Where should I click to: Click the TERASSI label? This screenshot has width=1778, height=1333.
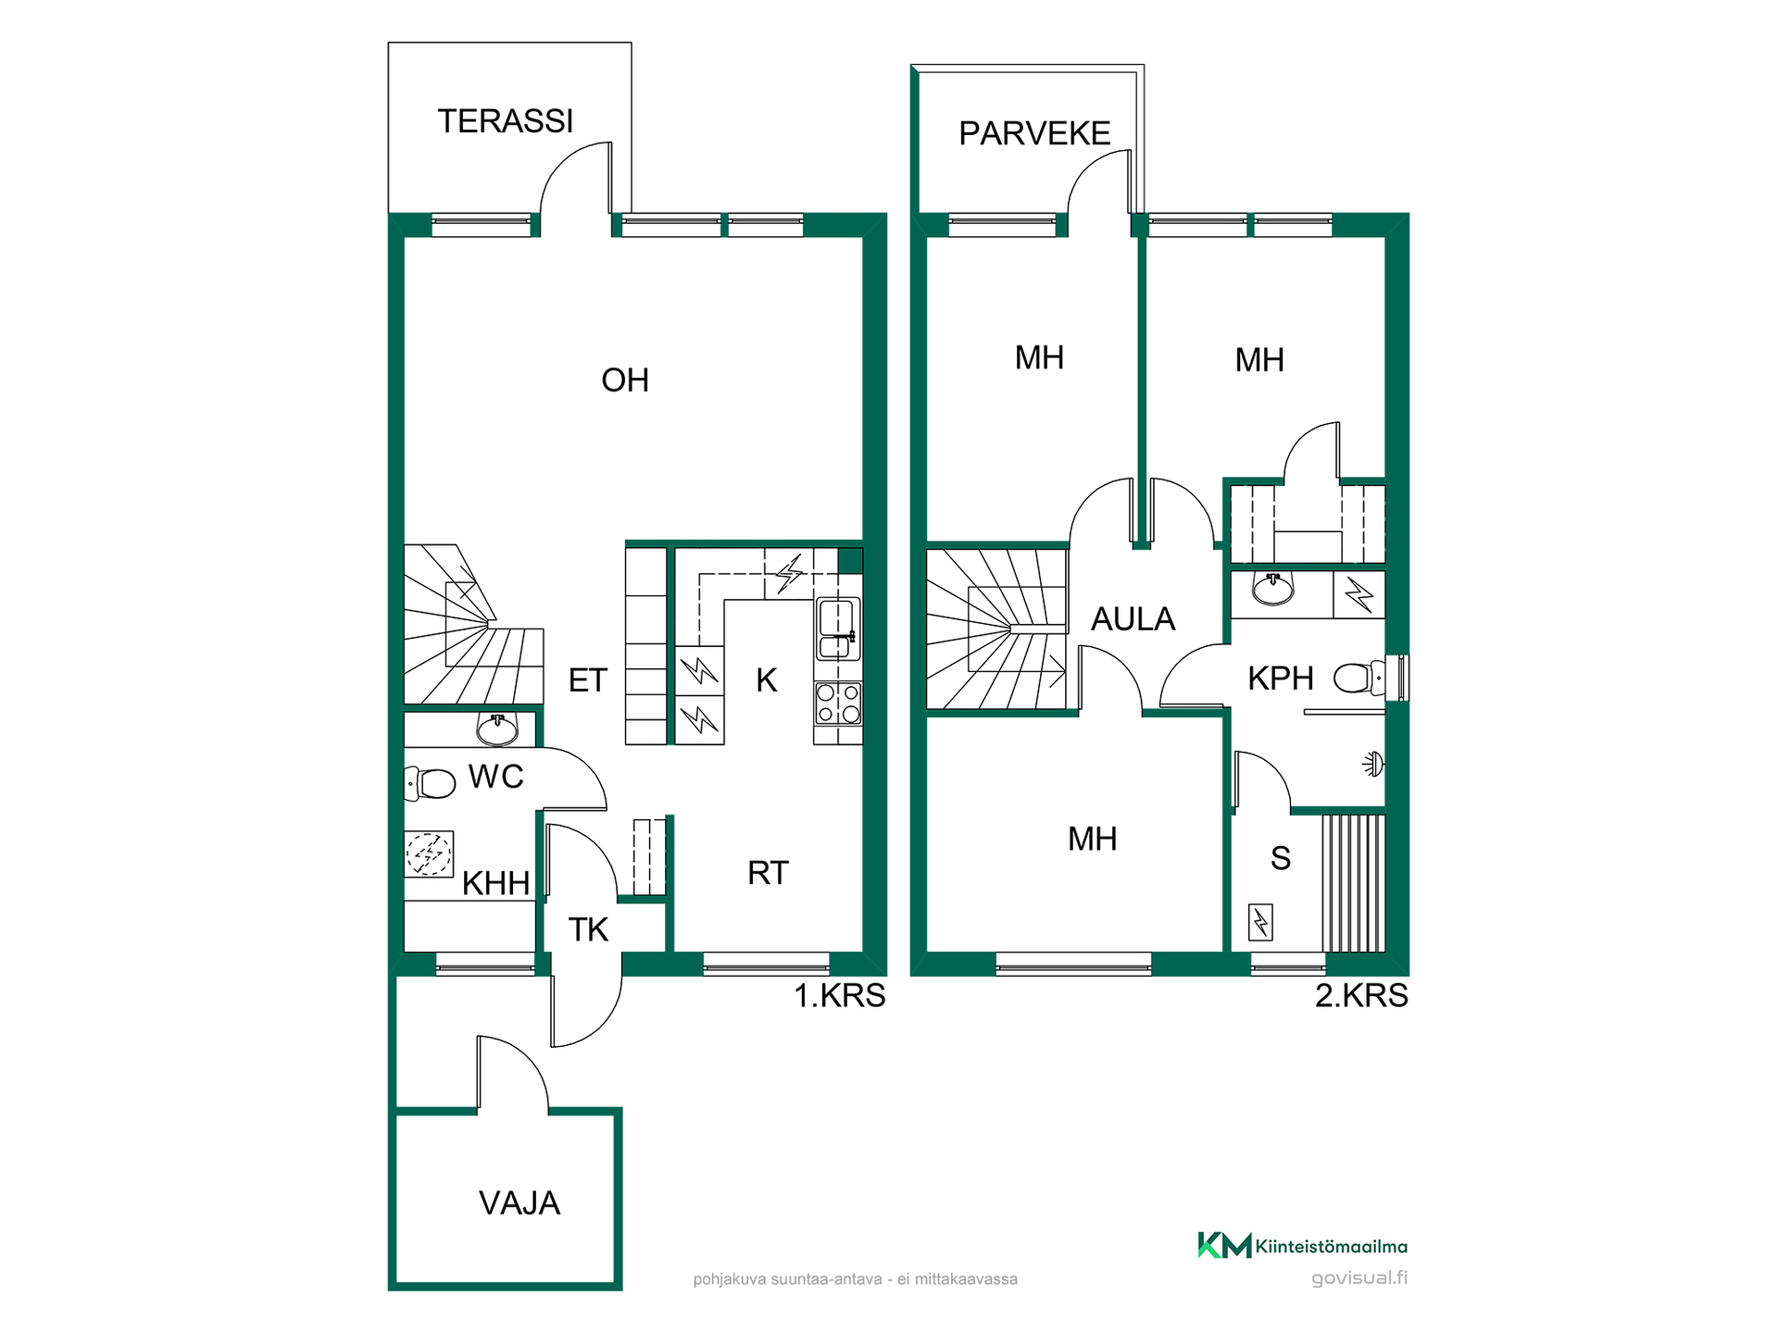pyautogui.click(x=506, y=121)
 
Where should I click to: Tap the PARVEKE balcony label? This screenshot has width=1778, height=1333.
pyautogui.click(x=1034, y=133)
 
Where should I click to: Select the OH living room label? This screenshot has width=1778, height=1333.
pyautogui.click(x=625, y=380)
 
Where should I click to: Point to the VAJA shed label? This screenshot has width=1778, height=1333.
pyautogui.click(x=520, y=1203)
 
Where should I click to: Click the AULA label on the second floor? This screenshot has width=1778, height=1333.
pyautogui.click(x=1133, y=619)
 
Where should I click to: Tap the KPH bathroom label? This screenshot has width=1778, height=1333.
pyautogui.click(x=1281, y=679)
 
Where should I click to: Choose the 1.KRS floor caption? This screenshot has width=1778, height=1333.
pyautogui.click(x=840, y=996)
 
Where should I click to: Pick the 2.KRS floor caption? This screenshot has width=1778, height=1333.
pyautogui.click(x=1362, y=996)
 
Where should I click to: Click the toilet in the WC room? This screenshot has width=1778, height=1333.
pyautogui.click(x=431, y=783)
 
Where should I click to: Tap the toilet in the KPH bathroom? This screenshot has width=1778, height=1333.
pyautogui.click(x=1359, y=679)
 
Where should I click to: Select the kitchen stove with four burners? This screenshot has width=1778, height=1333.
pyautogui.click(x=838, y=703)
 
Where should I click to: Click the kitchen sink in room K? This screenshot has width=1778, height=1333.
pyautogui.click(x=837, y=629)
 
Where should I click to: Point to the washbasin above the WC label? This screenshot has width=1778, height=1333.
pyautogui.click(x=497, y=729)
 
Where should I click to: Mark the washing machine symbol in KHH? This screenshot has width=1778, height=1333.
pyautogui.click(x=429, y=853)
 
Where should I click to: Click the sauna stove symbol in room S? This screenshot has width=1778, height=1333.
pyautogui.click(x=1260, y=922)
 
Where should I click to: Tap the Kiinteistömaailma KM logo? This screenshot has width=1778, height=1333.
pyautogui.click(x=1224, y=1245)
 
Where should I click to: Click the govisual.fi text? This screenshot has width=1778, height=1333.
pyautogui.click(x=1359, y=1278)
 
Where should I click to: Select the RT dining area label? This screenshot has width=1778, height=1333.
pyautogui.click(x=768, y=873)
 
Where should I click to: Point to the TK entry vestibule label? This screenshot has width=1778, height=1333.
pyautogui.click(x=588, y=930)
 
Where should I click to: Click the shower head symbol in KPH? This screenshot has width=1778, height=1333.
pyautogui.click(x=1373, y=764)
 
